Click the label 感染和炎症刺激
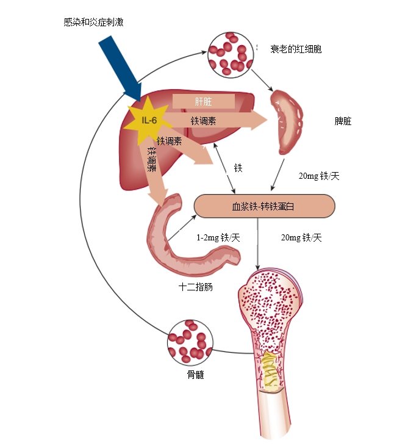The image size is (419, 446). [x=93, y=22]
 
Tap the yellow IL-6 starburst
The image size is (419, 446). [x=148, y=121]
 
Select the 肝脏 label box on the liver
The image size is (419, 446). [x=204, y=101]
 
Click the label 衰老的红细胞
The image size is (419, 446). [x=296, y=49]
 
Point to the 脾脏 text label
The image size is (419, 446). [x=343, y=121]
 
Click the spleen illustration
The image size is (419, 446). [x=286, y=122]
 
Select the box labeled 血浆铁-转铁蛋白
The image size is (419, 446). [x=264, y=206]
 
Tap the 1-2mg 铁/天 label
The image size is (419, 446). [x=218, y=237]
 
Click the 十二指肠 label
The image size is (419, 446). [x=196, y=287]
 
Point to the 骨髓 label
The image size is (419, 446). [x=196, y=375]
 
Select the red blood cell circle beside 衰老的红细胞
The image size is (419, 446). [x=231, y=55]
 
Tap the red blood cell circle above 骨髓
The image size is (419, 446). [x=190, y=343]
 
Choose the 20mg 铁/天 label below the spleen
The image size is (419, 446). [x=319, y=176]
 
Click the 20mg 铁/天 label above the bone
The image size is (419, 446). [x=301, y=237]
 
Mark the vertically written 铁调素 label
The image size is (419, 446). [x=152, y=159]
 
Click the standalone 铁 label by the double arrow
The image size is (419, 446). [x=238, y=168]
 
